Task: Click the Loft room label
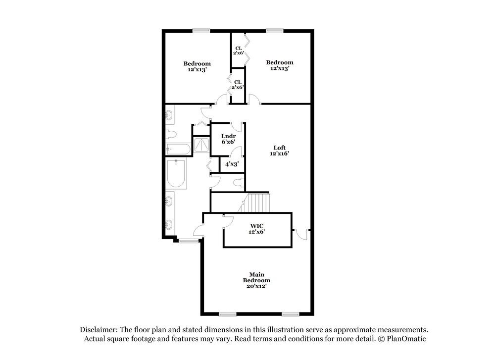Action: (x=280, y=150)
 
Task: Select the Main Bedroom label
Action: (x=256, y=280)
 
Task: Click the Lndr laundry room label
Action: (x=228, y=139)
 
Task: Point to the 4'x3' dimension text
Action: (x=232, y=163)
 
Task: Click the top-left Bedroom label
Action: (x=197, y=66)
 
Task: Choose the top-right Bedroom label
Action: (x=280, y=65)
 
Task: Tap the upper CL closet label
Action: (x=238, y=50)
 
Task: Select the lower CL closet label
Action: (x=238, y=84)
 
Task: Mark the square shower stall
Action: (x=201, y=145)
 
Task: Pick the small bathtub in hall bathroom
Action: (x=177, y=149)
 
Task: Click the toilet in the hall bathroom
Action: (x=171, y=134)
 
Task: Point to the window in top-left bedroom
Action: (x=201, y=31)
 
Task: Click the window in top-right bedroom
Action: (x=274, y=31)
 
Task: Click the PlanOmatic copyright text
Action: (x=401, y=339)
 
